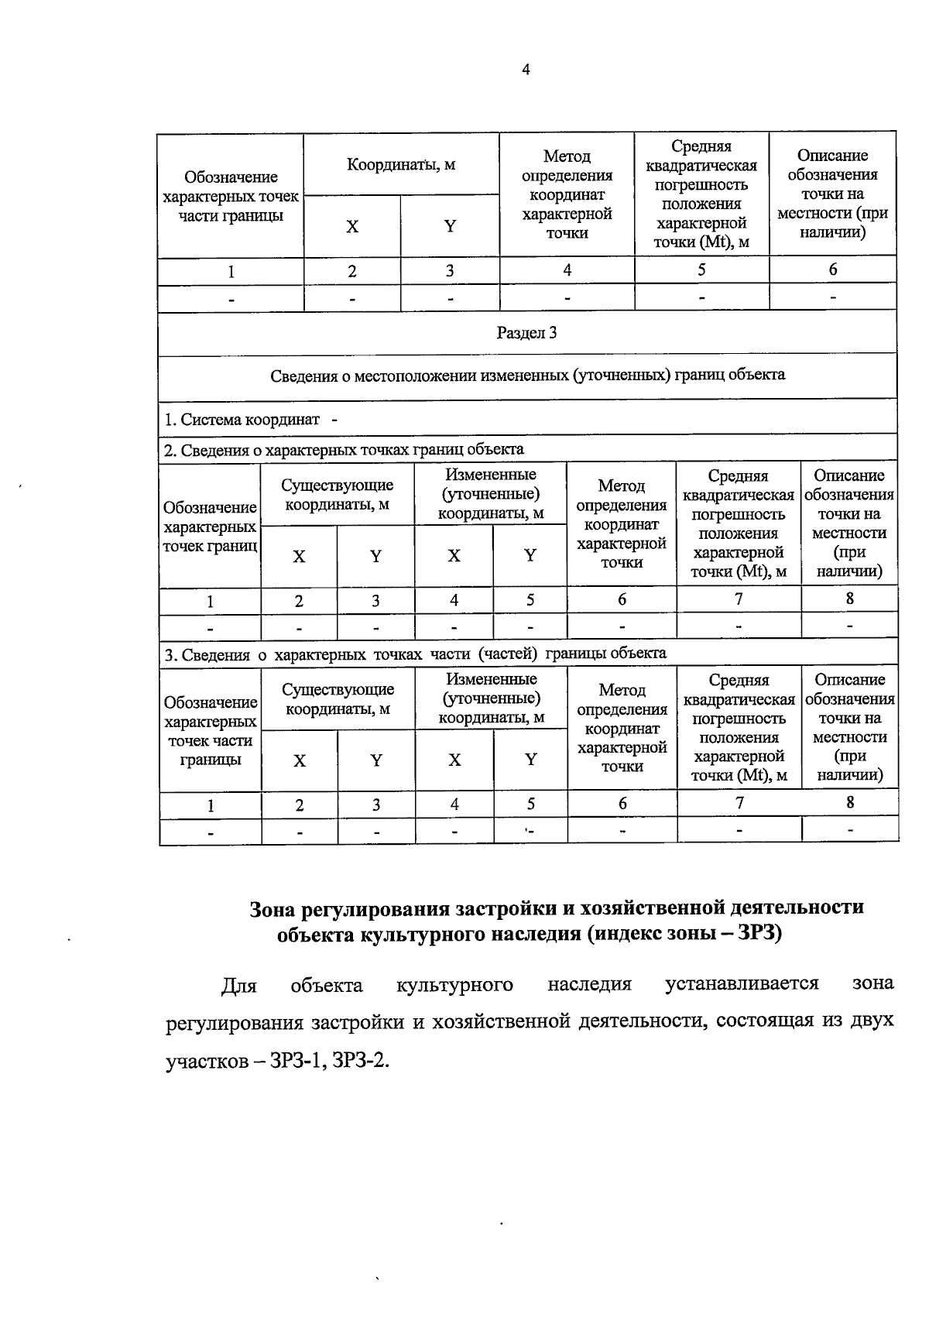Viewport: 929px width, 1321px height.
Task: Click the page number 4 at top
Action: [526, 70]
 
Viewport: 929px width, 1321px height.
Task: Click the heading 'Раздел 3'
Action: [526, 333]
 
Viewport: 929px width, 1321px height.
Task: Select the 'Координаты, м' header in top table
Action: [401, 164]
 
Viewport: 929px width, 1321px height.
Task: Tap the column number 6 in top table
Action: [833, 269]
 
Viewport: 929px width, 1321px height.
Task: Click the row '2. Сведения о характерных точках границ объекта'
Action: [344, 449]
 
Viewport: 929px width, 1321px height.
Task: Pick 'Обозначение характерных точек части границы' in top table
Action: [231, 197]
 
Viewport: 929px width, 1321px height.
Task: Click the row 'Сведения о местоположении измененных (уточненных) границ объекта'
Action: [527, 376]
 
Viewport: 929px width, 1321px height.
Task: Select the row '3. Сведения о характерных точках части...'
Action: [415, 654]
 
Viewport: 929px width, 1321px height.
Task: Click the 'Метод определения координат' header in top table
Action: [567, 194]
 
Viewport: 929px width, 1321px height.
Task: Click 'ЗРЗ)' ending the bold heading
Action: [760, 934]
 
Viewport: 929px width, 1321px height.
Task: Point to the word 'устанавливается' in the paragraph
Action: [742, 984]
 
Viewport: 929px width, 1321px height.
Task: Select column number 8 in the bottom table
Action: [850, 802]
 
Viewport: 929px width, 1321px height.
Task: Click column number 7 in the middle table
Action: [739, 599]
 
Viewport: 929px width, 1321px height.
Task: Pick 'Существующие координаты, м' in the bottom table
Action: [338, 698]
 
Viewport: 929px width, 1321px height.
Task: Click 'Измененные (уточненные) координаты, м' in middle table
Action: [491, 494]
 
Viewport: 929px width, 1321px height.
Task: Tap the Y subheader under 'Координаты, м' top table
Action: [450, 226]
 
